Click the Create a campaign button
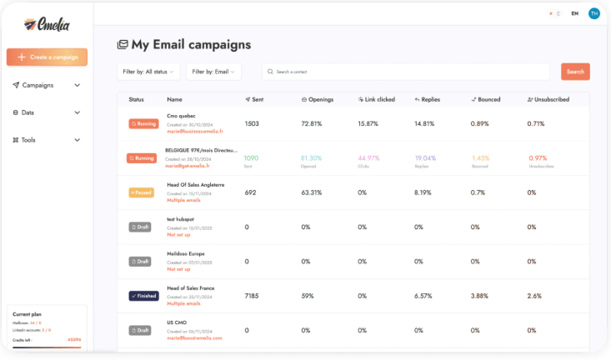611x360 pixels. (47, 57)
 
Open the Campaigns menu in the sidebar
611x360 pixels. (47, 85)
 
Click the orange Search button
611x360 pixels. (575, 72)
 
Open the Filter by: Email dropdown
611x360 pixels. (213, 72)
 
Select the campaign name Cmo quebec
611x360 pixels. (181, 116)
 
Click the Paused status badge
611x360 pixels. (142, 192)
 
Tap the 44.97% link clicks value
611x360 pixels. (369, 157)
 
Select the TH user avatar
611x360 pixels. (593, 13)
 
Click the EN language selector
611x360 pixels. (574, 13)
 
